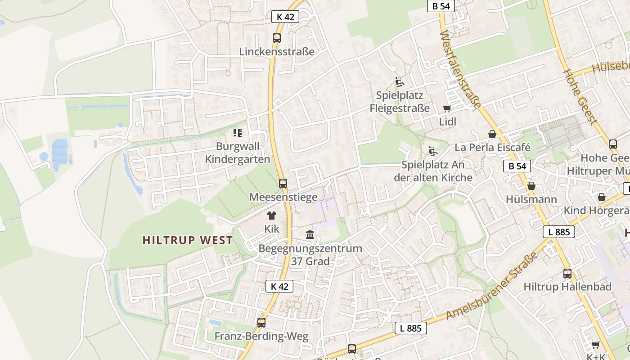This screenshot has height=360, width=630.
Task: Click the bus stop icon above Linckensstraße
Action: pyautogui.click(x=277, y=38)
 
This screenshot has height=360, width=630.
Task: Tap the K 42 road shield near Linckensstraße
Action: pyautogui.click(x=285, y=17)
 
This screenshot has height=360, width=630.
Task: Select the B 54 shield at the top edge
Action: pyautogui.click(x=441, y=6)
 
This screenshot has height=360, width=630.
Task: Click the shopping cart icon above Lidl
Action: pyautogui.click(x=447, y=108)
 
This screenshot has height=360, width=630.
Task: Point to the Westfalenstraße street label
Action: pyautogui.click(x=460, y=70)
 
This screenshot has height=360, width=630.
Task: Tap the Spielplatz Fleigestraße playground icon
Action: pyautogui.click(x=399, y=82)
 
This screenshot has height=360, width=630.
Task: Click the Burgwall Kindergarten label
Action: pyautogui.click(x=238, y=153)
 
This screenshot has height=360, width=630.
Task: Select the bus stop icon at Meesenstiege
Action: pyautogui.click(x=283, y=183)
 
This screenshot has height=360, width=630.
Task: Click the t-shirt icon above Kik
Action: pyautogui.click(x=272, y=216)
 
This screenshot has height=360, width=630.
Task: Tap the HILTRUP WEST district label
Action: pyautogui.click(x=188, y=240)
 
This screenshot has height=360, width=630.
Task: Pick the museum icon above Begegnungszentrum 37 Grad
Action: pyautogui.click(x=310, y=234)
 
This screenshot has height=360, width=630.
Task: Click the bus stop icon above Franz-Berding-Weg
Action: pyautogui.click(x=261, y=322)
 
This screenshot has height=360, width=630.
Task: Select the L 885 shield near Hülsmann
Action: pyautogui.click(x=559, y=232)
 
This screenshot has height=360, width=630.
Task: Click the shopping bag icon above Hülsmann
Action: pyautogui.click(x=531, y=186)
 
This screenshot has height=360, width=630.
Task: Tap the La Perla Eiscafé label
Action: pyautogui.click(x=492, y=148)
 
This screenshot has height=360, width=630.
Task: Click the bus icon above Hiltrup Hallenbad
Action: pyautogui.click(x=567, y=273)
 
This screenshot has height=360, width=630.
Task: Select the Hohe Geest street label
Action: pyautogui.click(x=580, y=97)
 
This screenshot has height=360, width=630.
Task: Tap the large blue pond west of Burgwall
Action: pyautogui.click(x=60, y=153)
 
